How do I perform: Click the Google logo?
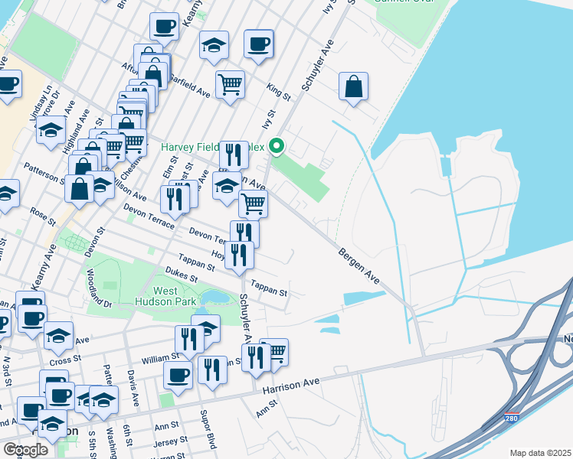[25, 450]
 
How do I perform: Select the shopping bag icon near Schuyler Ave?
[354, 86]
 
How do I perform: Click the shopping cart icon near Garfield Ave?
[230, 84]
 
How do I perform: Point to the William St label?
[160, 356]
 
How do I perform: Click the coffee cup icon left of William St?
[178, 376]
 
